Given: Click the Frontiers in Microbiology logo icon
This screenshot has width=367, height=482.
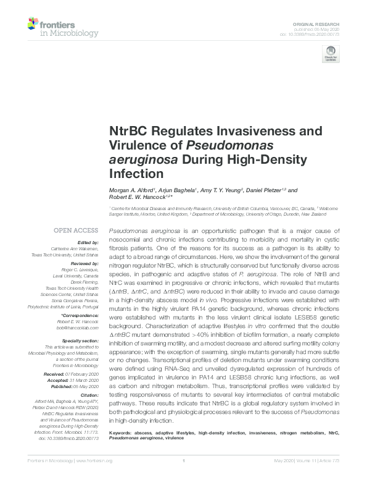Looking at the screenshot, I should pyautogui.click(x=33, y=25).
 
